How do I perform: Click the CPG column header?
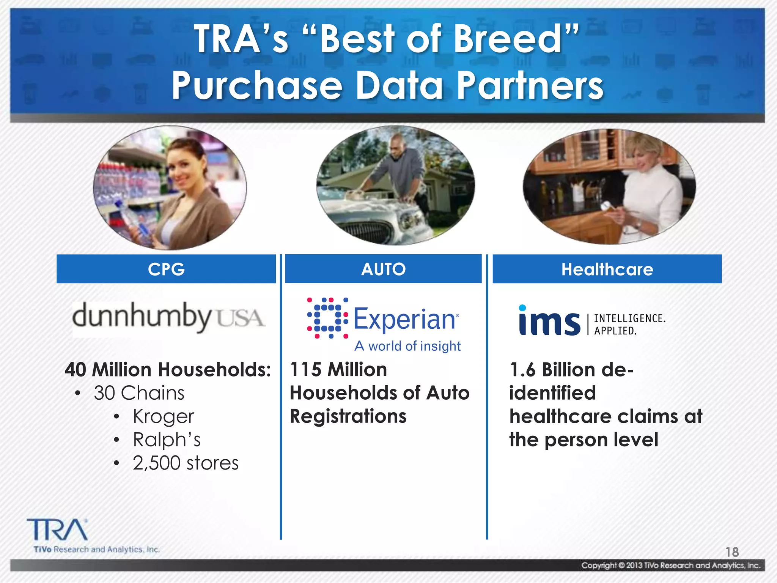(166, 269)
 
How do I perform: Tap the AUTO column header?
(383, 269)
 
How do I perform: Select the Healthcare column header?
(607, 269)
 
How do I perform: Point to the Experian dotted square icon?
(327, 318)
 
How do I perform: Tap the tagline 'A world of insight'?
(407, 346)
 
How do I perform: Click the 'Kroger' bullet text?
(164, 416)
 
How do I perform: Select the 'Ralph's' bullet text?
(167, 440)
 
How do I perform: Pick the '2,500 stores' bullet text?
(186, 463)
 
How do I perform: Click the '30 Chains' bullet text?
(139, 393)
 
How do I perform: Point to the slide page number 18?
(732, 552)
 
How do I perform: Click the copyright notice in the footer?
(671, 566)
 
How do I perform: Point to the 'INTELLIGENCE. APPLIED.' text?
(629, 325)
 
